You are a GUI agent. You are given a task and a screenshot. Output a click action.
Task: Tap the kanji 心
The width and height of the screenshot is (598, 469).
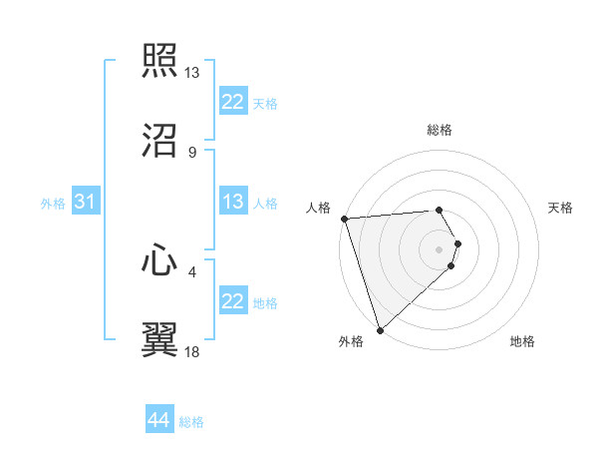click(x=159, y=260)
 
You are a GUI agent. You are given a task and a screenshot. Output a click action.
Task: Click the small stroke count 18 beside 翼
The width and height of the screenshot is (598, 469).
click(x=192, y=351)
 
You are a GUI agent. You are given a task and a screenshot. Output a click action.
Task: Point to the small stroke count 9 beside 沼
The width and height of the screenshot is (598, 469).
click(x=192, y=152)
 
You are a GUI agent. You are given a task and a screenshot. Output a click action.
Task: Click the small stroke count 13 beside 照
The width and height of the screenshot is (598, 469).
click(x=192, y=73)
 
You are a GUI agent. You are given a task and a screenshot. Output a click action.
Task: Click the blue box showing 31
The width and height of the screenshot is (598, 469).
click(x=85, y=202)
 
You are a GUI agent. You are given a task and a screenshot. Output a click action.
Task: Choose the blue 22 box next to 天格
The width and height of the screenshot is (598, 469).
click(x=232, y=102)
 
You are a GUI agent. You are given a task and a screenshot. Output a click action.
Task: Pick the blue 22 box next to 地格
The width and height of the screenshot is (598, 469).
click(x=232, y=301)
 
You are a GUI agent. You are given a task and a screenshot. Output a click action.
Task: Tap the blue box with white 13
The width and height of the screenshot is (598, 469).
click(x=232, y=202)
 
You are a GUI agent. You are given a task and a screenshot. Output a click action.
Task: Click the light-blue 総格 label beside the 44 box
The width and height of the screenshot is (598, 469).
click(x=191, y=422)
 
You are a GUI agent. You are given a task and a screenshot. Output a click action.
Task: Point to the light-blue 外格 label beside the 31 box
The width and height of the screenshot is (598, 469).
click(x=53, y=204)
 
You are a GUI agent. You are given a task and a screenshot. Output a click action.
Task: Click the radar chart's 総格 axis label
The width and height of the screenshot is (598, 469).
click(x=440, y=130)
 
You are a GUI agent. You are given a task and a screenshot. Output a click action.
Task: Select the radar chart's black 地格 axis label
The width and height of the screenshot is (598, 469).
click(x=522, y=342)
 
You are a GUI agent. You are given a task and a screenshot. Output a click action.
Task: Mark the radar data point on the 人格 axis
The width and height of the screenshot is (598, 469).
click(x=344, y=219)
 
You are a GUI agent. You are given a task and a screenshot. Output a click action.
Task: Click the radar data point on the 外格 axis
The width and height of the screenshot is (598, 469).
click(x=380, y=329)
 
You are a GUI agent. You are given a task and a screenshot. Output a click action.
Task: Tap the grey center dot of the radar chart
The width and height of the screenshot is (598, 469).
click(x=440, y=248)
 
